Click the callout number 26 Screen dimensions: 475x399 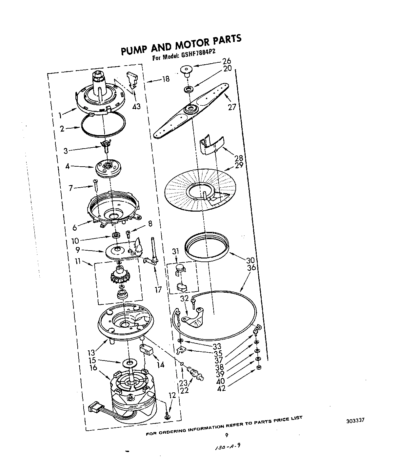tap(236, 61)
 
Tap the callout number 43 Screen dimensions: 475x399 tap(136, 107)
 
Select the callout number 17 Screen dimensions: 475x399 tap(158, 290)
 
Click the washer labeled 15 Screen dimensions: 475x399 tap(130, 363)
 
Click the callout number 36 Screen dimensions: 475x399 tap(251, 268)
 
